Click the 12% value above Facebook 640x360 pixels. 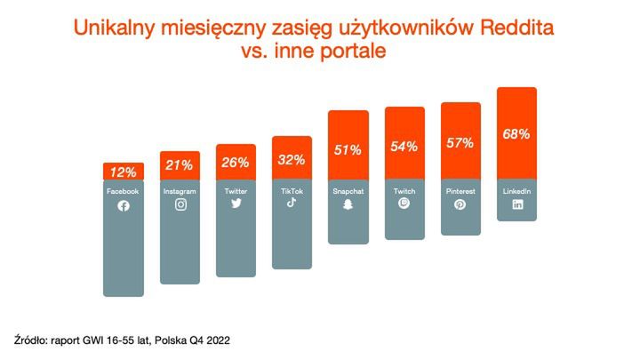pos(123,172)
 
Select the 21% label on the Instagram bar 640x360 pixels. pos(180,165)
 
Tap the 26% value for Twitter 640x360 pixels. pos(236,163)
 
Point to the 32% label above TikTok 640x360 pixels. pos(292,160)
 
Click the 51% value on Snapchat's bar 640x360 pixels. pos(348,149)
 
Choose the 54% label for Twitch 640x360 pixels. pos(404,147)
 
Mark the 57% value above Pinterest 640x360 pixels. pos(460,143)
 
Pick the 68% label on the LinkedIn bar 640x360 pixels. pos(516,134)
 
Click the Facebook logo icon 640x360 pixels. pos(123,206)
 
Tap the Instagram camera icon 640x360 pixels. pos(180,204)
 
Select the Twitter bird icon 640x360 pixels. pos(236,204)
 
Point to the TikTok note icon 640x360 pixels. pos(292,202)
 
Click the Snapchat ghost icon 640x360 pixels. pos(348,204)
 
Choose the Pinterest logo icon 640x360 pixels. pos(460,204)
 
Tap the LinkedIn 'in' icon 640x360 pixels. pos(516,204)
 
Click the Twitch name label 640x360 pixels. pos(404,191)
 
